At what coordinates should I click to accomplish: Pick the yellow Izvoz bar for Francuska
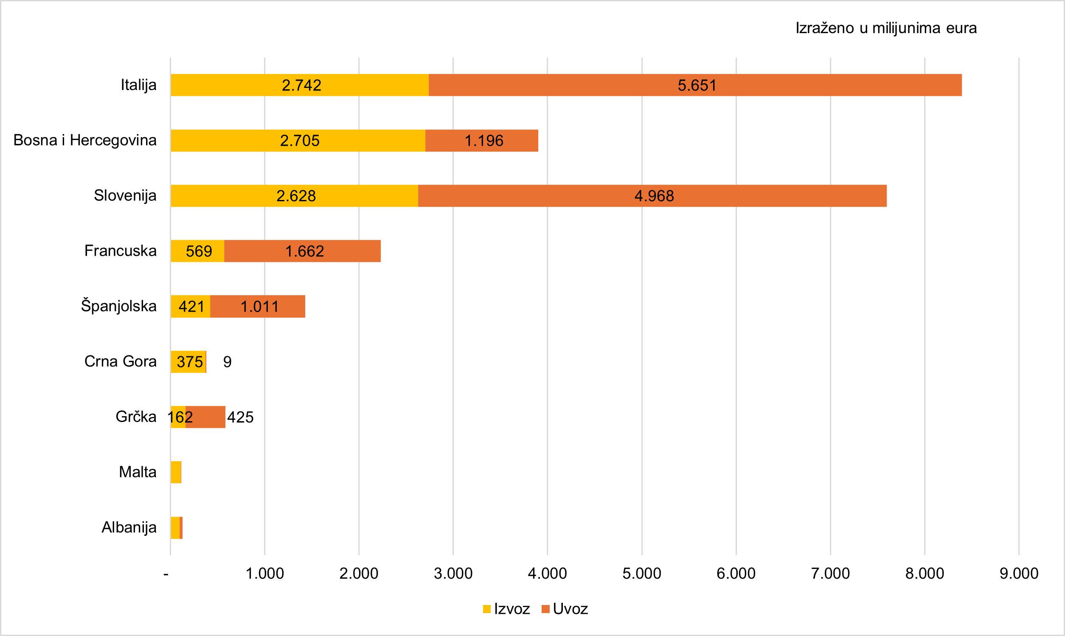(197, 251)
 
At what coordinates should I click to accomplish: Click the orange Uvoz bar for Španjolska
(258, 307)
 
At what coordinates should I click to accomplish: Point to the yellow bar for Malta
(176, 472)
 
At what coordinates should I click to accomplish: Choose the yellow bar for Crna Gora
(188, 362)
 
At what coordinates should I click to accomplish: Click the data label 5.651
(697, 85)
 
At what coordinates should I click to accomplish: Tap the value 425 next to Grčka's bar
(240, 417)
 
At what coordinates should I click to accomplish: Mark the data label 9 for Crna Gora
(227, 362)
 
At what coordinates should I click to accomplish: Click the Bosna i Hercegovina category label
(85, 140)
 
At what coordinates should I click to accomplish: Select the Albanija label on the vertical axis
(129, 527)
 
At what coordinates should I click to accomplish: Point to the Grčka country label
(136, 416)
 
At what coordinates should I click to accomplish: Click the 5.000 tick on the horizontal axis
(641, 574)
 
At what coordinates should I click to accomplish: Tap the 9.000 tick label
(1018, 574)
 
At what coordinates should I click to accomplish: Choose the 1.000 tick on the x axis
(264, 574)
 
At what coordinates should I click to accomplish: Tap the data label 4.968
(654, 196)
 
